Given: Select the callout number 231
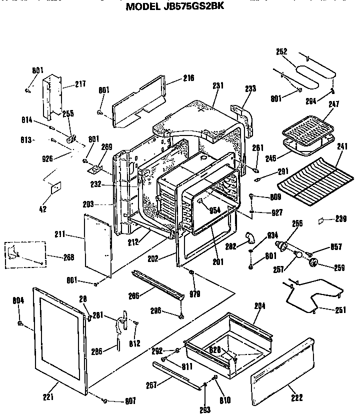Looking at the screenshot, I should point(217,85).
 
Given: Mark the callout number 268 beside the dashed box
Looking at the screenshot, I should point(69,257).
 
